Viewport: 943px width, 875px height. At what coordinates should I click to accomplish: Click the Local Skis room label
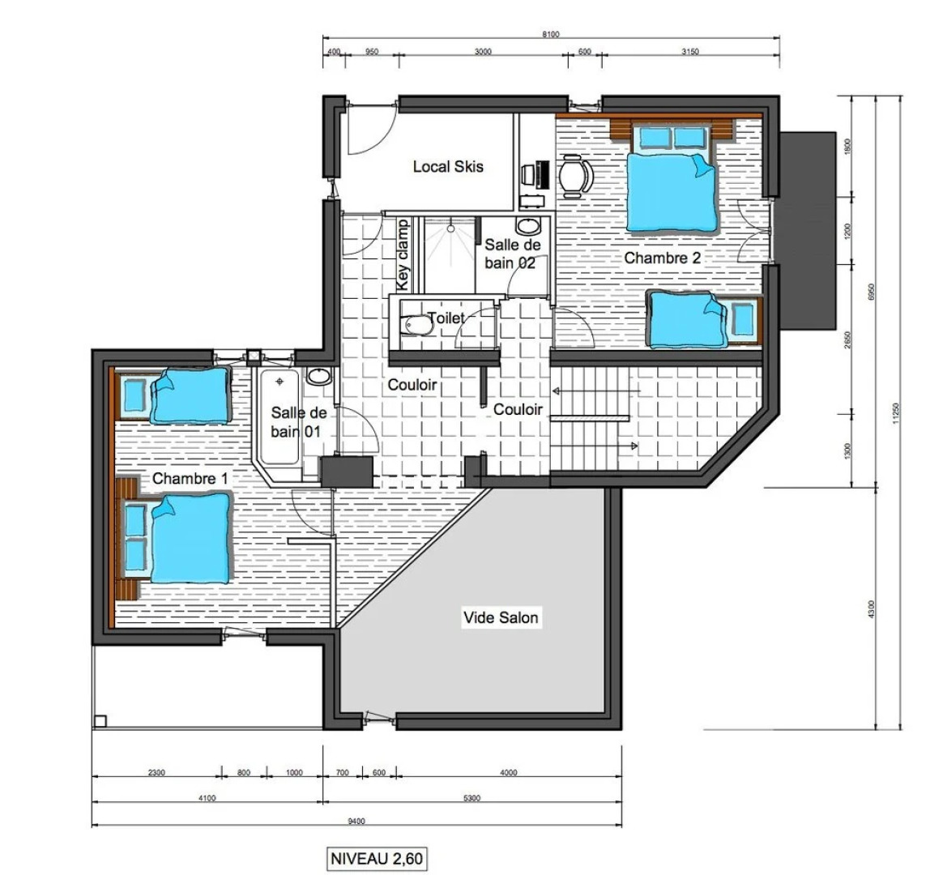[448, 166]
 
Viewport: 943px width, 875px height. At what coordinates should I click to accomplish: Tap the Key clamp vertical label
[403, 255]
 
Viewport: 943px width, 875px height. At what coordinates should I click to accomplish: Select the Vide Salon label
[500, 617]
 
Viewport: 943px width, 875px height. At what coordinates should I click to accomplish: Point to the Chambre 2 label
[662, 258]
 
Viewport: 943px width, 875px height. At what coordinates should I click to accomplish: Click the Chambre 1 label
[185, 478]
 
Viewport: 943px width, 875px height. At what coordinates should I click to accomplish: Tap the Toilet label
[446, 318]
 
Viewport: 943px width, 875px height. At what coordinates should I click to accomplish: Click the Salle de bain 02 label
[511, 254]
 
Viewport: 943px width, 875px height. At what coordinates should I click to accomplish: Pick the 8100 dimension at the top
[551, 34]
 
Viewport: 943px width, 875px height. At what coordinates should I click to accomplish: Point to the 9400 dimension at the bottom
[356, 821]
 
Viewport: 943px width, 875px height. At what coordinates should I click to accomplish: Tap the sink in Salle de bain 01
[319, 377]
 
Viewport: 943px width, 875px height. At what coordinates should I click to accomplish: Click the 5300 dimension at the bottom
[471, 798]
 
